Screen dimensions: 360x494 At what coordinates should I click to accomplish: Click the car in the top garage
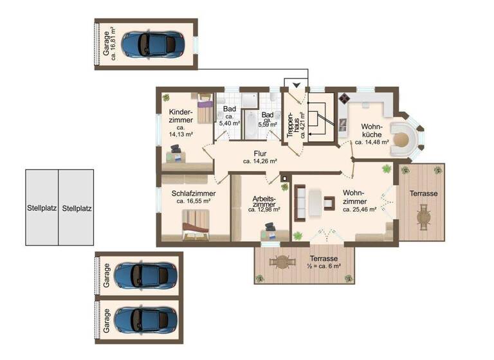click(x=151, y=44)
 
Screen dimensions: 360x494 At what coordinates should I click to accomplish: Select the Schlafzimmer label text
click(x=194, y=193)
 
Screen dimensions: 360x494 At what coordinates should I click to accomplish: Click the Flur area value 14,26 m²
click(x=260, y=161)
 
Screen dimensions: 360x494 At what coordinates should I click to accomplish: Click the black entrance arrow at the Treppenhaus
click(x=296, y=85)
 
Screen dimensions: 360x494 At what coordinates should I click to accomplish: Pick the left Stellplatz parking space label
click(x=42, y=208)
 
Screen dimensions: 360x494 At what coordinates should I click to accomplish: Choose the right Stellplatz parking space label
click(x=77, y=208)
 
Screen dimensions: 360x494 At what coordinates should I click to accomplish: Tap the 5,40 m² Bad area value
click(x=229, y=123)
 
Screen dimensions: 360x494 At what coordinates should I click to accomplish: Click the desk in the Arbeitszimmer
click(x=270, y=233)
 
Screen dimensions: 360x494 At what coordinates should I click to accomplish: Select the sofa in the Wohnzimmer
click(x=300, y=203)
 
